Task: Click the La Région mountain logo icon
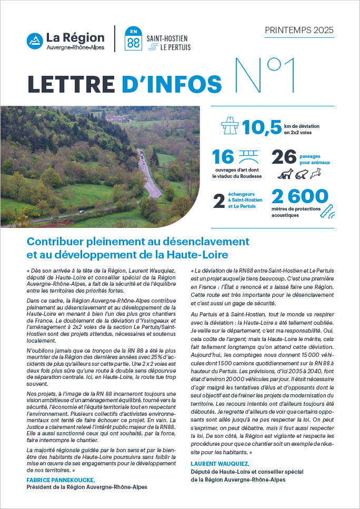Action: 35,41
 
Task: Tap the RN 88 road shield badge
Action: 134,39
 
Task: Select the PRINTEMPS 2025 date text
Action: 298,30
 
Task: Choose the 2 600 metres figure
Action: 300,197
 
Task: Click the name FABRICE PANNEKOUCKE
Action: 61,480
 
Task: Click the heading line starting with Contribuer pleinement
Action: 138,242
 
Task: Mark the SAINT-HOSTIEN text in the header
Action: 167,38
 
